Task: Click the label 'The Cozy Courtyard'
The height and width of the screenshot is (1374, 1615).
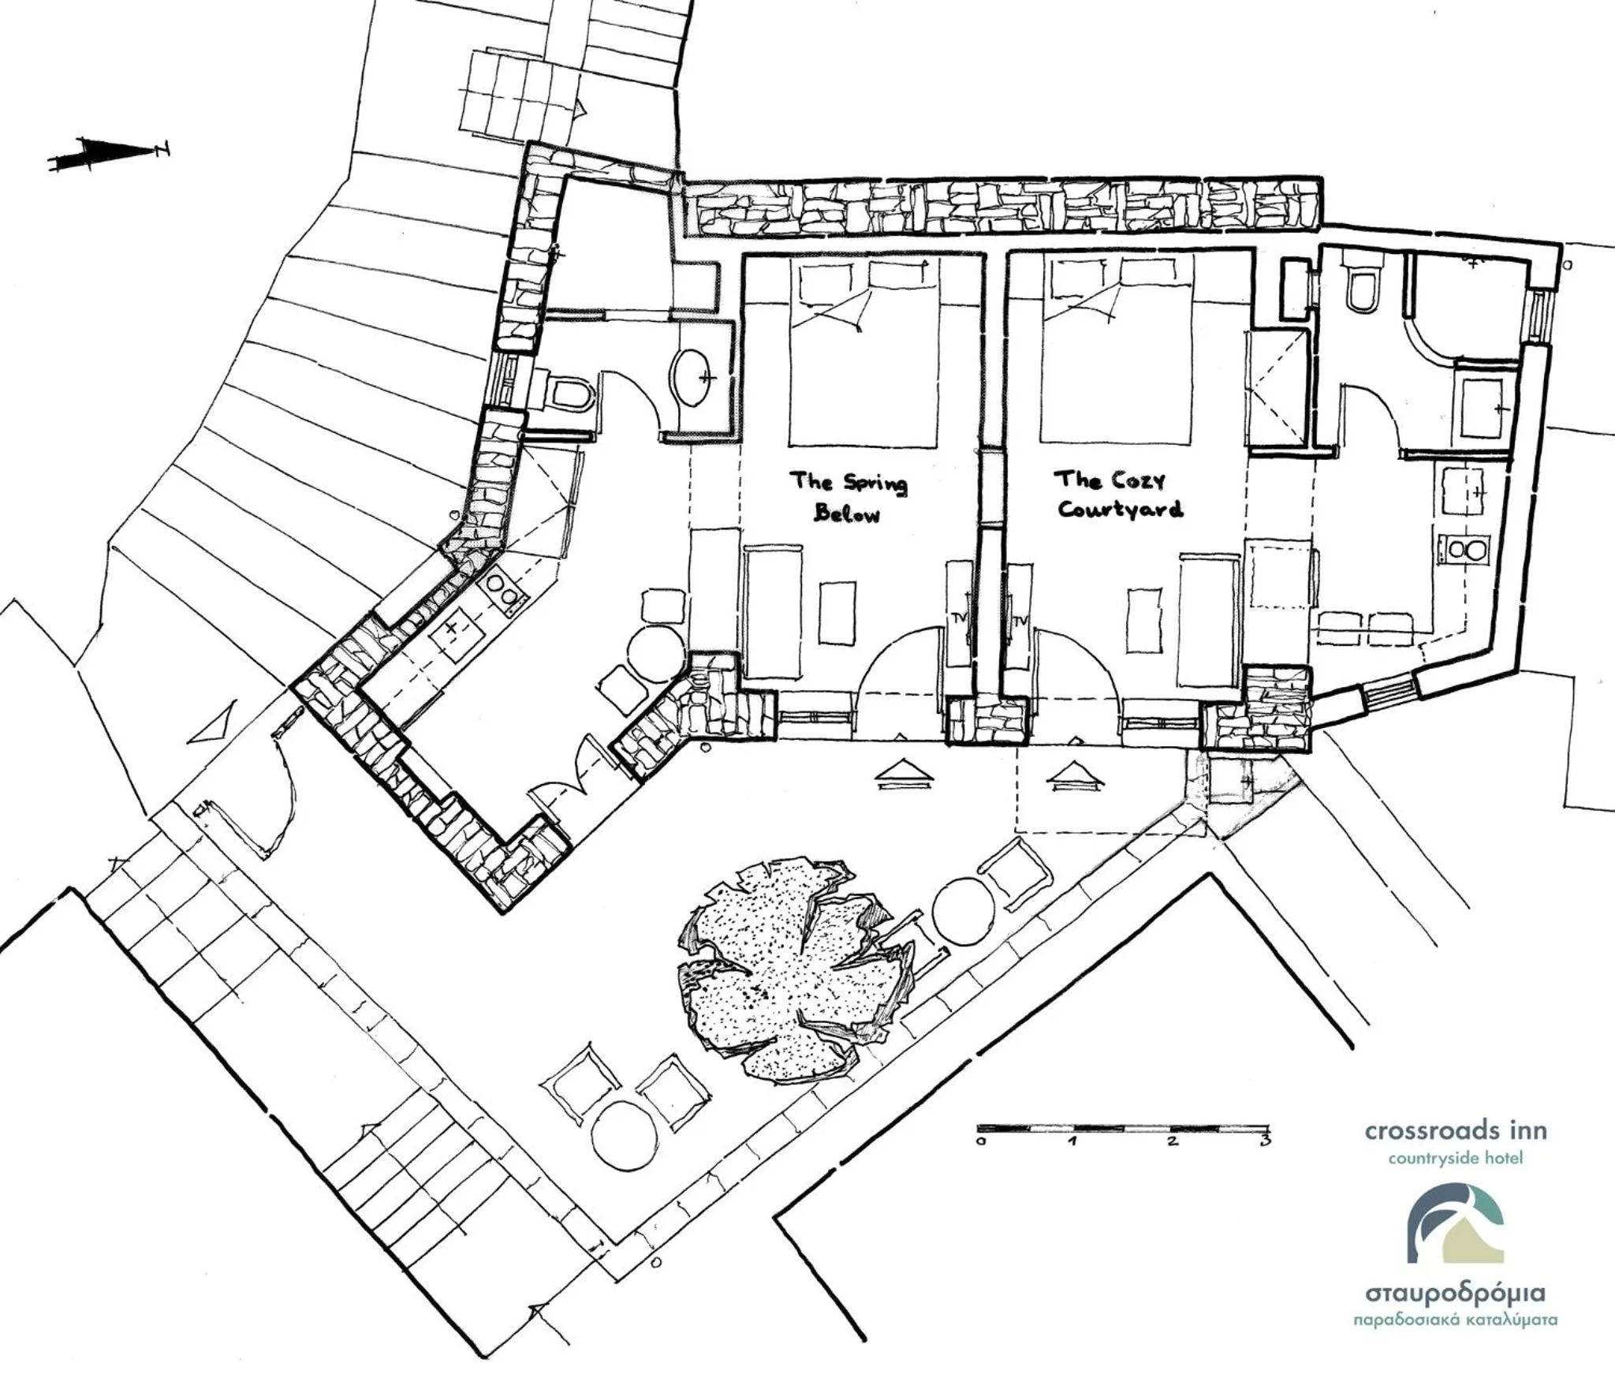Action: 1119,494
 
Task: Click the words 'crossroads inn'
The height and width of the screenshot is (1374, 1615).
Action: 1456,1131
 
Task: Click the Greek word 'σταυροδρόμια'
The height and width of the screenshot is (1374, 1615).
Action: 1455,1294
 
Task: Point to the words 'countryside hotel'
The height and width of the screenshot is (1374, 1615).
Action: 1455,1159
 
